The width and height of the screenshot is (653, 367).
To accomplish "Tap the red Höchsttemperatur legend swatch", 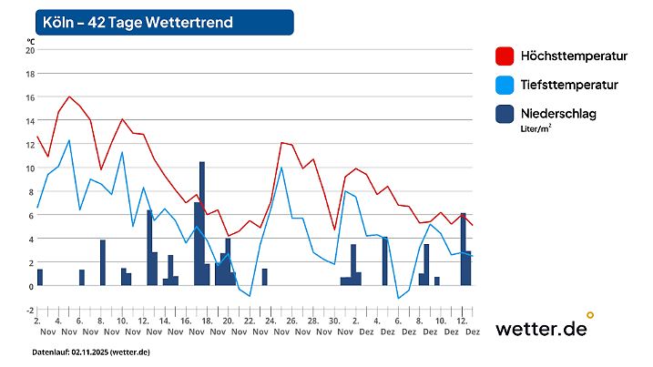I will click(x=505, y=56).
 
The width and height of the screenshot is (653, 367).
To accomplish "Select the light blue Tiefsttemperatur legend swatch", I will click(x=505, y=85).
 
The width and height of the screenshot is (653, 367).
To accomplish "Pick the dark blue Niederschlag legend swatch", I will click(x=505, y=114).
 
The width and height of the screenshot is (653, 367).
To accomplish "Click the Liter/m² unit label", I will click(x=536, y=129).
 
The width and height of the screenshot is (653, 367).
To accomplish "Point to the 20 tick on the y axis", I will click(x=28, y=50).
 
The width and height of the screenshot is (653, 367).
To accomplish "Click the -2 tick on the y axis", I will click(x=28, y=311).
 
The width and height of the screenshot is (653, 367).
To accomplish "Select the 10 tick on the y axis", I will click(x=28, y=168).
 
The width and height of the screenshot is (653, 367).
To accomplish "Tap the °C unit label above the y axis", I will click(x=30, y=40).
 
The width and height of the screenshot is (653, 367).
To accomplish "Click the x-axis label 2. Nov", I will click(x=37, y=327).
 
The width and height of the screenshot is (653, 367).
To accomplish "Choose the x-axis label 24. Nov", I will click(x=270, y=327).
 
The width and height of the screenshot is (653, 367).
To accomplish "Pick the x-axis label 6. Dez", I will click(x=398, y=327).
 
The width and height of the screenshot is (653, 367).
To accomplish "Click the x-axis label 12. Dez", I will click(x=462, y=327).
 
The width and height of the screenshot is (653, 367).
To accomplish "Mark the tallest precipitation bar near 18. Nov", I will click(x=202, y=224).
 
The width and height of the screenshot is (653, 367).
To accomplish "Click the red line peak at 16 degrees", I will click(x=69, y=97).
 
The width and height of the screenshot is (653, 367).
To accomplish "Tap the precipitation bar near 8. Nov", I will click(x=103, y=263).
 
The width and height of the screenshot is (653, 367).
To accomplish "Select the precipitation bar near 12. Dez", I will click(x=464, y=250).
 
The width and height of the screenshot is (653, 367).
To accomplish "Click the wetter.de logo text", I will click(x=540, y=329).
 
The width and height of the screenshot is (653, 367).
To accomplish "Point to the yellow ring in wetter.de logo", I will click(x=590, y=315).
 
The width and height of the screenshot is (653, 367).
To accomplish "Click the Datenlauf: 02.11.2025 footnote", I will click(x=91, y=352).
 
